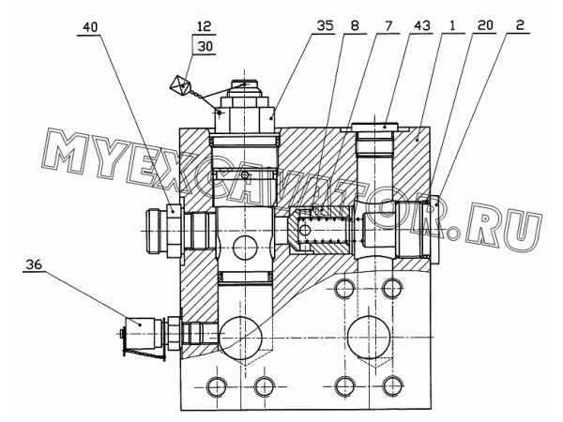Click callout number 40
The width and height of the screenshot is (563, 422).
coord(90,27)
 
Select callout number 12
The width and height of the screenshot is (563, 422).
coord(204,27)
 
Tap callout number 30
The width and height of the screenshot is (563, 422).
coord(205,46)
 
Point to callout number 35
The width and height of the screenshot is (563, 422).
coord(325,26)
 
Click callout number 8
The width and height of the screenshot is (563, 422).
coord(355,26)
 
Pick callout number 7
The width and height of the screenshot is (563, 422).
coord(388,26)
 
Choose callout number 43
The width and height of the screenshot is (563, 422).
coord(422,26)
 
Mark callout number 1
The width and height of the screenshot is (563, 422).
coord(452,26)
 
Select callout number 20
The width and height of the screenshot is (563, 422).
coord(485,26)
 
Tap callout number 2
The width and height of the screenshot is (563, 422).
coord(520,25)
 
